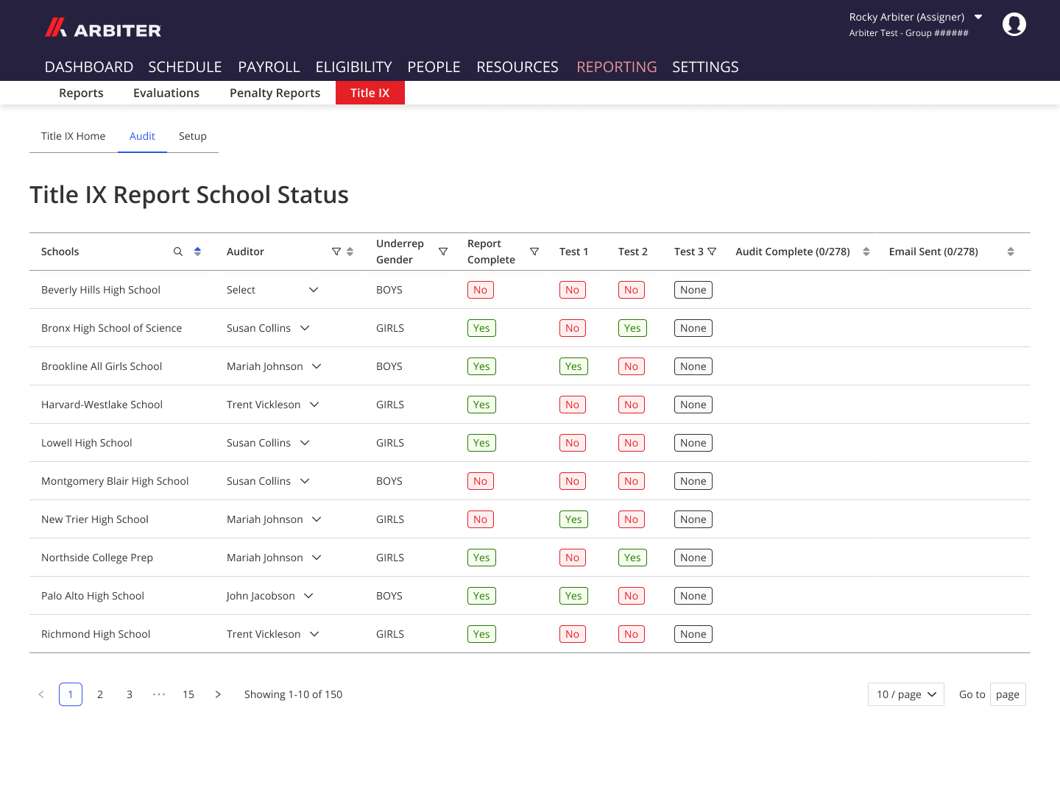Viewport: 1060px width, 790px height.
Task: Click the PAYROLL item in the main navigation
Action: tap(269, 67)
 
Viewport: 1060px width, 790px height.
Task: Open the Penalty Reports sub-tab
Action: tap(275, 93)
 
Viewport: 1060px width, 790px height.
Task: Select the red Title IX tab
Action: tap(370, 93)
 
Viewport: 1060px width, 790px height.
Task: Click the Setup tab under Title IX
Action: tap(192, 136)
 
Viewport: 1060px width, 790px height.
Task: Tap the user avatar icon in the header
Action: tap(1014, 24)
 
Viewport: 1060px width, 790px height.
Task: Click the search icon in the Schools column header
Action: tap(178, 252)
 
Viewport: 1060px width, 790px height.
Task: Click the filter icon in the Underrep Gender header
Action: tap(443, 252)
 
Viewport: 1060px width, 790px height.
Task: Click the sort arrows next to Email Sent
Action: tap(1010, 252)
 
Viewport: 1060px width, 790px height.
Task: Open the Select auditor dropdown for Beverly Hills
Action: tap(272, 290)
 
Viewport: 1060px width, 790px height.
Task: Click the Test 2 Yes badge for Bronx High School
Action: tap(632, 328)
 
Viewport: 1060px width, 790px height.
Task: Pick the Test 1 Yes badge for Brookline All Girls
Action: tap(573, 366)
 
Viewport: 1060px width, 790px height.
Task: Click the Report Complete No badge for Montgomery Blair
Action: tap(480, 481)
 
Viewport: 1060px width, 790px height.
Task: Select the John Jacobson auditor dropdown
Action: tap(269, 596)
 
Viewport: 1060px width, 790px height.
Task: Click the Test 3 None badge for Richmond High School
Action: tap(693, 634)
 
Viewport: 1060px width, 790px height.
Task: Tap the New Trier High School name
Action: tap(95, 519)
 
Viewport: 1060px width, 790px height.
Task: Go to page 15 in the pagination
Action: tap(188, 694)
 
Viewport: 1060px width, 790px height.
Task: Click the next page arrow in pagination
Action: tap(218, 694)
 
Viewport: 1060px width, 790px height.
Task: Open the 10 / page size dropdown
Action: tap(905, 694)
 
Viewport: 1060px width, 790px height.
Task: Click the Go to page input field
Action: tap(1007, 694)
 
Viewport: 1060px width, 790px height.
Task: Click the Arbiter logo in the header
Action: tap(103, 29)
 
